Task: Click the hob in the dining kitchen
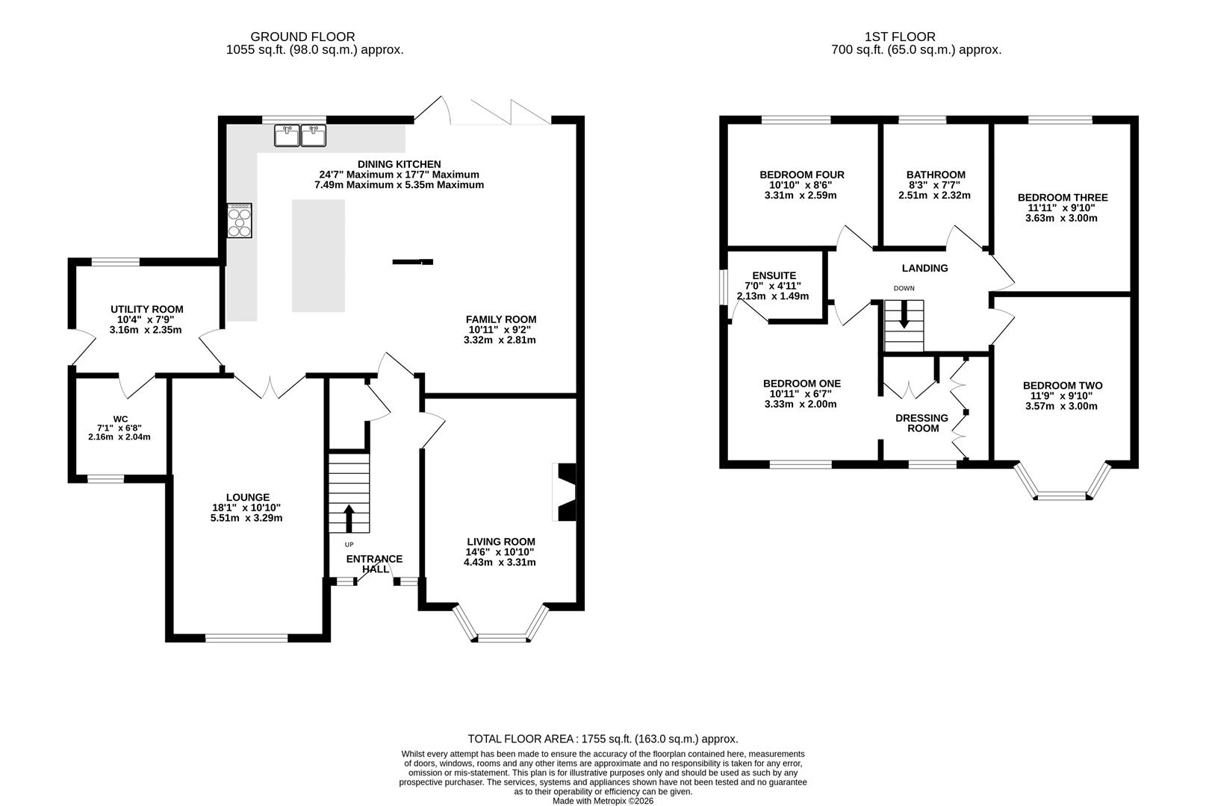click(x=240, y=220)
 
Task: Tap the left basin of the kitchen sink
click(x=287, y=136)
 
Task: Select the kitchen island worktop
click(x=318, y=255)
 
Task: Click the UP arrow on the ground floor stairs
click(x=349, y=518)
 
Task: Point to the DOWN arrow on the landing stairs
click(x=904, y=313)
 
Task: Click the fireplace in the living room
click(x=565, y=492)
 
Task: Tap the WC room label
click(x=121, y=419)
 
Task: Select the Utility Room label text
click(x=147, y=310)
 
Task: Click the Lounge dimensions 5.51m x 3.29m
click(x=246, y=518)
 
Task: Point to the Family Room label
click(x=501, y=319)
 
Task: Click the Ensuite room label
click(x=774, y=275)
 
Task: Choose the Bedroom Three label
click(x=1063, y=198)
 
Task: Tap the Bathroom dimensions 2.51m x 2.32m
click(x=935, y=196)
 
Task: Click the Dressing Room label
click(x=921, y=423)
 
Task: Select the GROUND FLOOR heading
click(x=302, y=37)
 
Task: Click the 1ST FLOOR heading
click(x=900, y=37)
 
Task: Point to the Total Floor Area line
click(x=603, y=739)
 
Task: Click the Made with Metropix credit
click(x=603, y=801)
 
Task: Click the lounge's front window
click(x=246, y=638)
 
